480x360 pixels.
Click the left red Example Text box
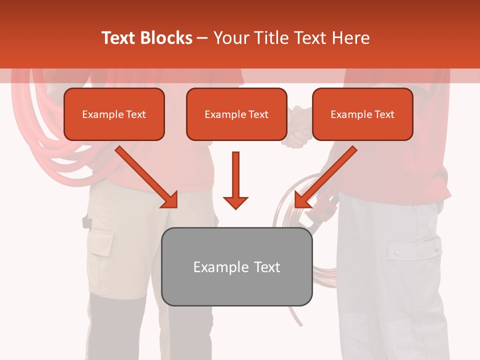(114, 114)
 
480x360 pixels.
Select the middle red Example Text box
(236, 114)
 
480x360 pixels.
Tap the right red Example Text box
(362, 114)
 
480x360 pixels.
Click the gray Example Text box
(236, 266)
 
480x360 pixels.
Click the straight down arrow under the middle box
(235, 180)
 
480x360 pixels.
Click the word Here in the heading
(350, 38)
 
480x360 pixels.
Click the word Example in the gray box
(214, 266)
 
